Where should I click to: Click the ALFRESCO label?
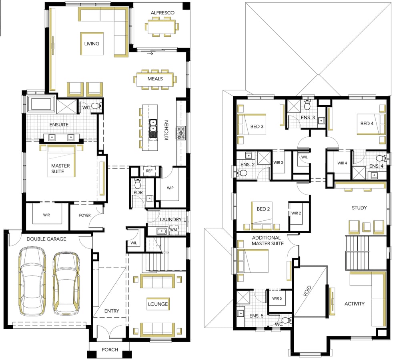click(162, 12)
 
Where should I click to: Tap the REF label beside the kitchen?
click(149, 171)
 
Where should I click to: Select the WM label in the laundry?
click(174, 230)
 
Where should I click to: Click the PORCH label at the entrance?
click(110, 350)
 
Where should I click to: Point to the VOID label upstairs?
click(307, 291)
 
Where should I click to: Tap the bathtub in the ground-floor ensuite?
click(42, 104)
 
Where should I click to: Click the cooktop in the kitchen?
click(181, 133)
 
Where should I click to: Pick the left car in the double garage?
click(32, 281)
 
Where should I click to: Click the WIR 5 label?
click(277, 298)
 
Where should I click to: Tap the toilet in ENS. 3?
click(307, 104)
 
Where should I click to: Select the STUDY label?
click(359, 208)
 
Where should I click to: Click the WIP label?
click(170, 188)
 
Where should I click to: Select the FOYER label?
click(85, 215)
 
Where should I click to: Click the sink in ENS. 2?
click(249, 154)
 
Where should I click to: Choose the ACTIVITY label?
click(355, 304)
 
